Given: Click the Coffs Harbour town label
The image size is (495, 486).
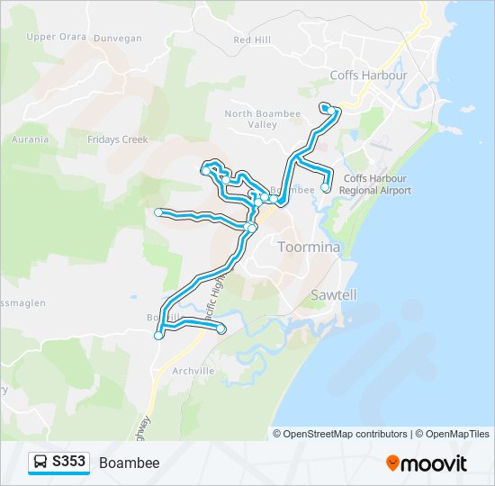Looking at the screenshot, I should click(368, 76).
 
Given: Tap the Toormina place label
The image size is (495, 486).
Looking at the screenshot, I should click(309, 247).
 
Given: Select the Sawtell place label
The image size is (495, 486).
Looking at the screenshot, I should click(333, 294).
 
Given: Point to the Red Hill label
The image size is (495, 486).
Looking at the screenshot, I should click(252, 40).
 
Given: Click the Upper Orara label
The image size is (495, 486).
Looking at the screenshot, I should click(57, 37).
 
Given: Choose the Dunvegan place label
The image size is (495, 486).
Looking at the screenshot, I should click(117, 39).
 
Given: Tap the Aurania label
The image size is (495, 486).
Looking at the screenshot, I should click(30, 139).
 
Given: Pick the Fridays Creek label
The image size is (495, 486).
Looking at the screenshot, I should click(117, 139).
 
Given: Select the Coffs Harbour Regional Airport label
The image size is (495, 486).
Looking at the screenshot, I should click(377, 184).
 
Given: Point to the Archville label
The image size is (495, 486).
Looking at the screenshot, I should click(192, 370).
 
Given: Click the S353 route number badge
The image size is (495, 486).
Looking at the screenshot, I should click(68, 463).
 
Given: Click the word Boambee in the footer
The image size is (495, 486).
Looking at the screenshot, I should click(130, 463).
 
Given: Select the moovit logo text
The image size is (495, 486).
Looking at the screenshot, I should click(434, 463).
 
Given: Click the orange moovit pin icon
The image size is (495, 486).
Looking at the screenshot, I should click(392, 463).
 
